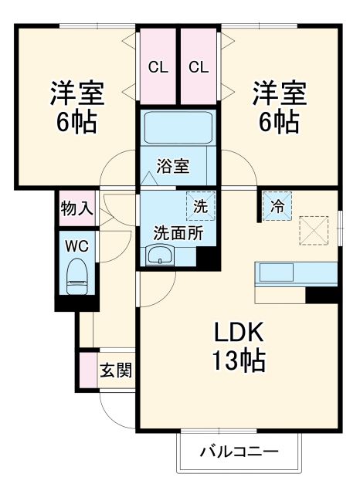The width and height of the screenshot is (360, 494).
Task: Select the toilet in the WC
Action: (x=76, y=276)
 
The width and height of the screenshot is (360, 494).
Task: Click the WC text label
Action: (x=76, y=247)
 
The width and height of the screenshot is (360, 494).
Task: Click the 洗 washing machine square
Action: (x=199, y=206)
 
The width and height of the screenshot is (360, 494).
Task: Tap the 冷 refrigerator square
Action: (x=277, y=206)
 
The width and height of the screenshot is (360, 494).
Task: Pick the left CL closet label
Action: (x=158, y=67)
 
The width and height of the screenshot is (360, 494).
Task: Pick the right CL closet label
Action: (x=199, y=67)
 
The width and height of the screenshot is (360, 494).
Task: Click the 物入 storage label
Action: (x=76, y=208)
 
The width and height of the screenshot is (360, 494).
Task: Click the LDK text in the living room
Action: (x=239, y=333)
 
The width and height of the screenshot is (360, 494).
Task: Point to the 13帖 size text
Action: (x=239, y=360)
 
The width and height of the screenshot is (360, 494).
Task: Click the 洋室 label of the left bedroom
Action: (x=77, y=94)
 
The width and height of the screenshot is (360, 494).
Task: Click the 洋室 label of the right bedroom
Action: (x=279, y=94)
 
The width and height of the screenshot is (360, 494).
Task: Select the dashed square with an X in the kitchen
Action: (x=314, y=229)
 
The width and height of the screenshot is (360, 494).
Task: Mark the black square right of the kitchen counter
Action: (x=323, y=294)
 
